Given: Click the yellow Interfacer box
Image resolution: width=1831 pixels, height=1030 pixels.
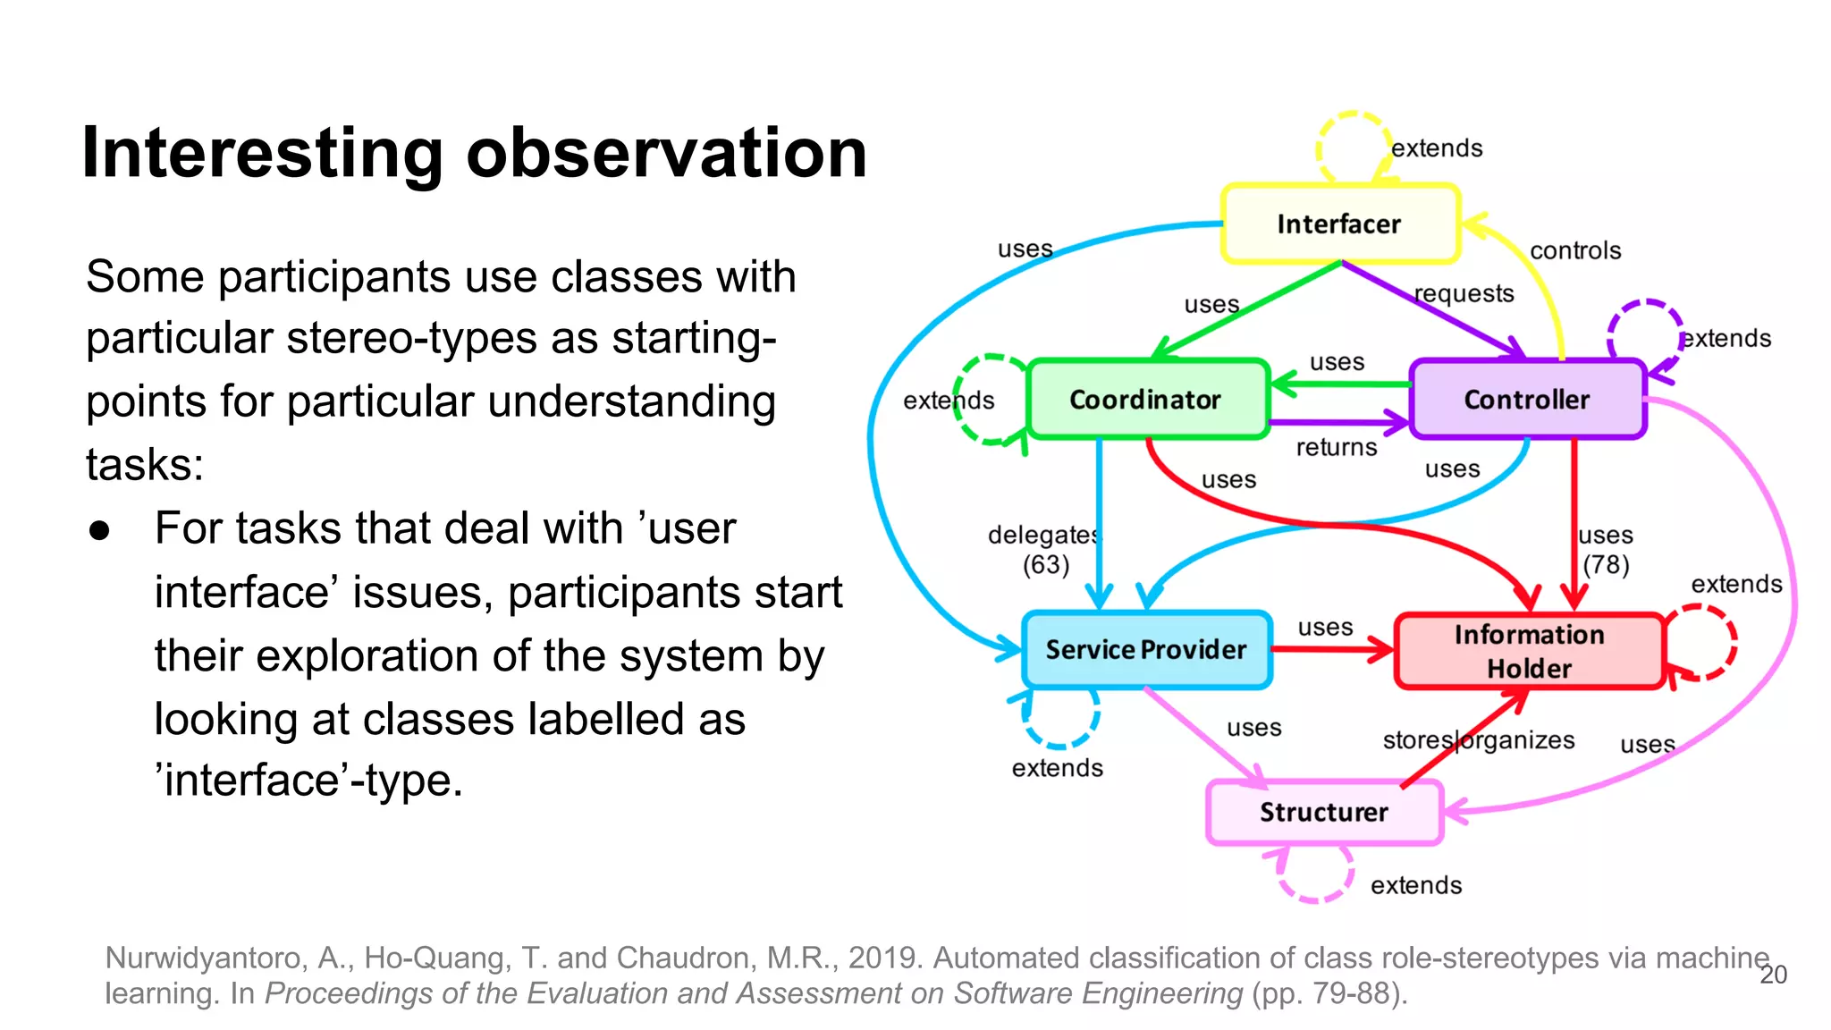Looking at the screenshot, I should tap(1339, 224).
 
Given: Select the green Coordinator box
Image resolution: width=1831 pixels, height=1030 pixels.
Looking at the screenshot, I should tap(1147, 399).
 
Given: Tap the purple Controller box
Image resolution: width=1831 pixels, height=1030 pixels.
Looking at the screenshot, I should tap(1526, 399).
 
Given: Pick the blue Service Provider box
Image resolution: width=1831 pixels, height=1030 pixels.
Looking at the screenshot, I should tap(1146, 650).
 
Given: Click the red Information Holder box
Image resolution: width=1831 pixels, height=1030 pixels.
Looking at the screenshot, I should tap(1529, 651).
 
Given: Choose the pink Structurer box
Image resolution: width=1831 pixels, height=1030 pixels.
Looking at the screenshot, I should tap(1323, 812).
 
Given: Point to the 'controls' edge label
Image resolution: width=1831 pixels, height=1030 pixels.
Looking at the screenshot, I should tap(1574, 250).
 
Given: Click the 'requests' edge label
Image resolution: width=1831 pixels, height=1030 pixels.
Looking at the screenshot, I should tap(1464, 293).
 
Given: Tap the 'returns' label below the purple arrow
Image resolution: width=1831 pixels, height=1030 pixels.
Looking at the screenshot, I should tap(1337, 447).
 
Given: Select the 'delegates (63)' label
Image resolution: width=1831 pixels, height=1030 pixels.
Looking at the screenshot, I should tap(1044, 550).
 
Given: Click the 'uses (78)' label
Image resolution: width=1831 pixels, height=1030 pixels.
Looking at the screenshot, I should tap(1606, 550).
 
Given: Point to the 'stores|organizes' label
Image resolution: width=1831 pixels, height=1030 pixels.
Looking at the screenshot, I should tap(1478, 740).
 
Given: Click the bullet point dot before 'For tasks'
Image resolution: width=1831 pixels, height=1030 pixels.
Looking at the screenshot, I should tap(99, 530).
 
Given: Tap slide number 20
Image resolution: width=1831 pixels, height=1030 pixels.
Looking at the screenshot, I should tap(1773, 975).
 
